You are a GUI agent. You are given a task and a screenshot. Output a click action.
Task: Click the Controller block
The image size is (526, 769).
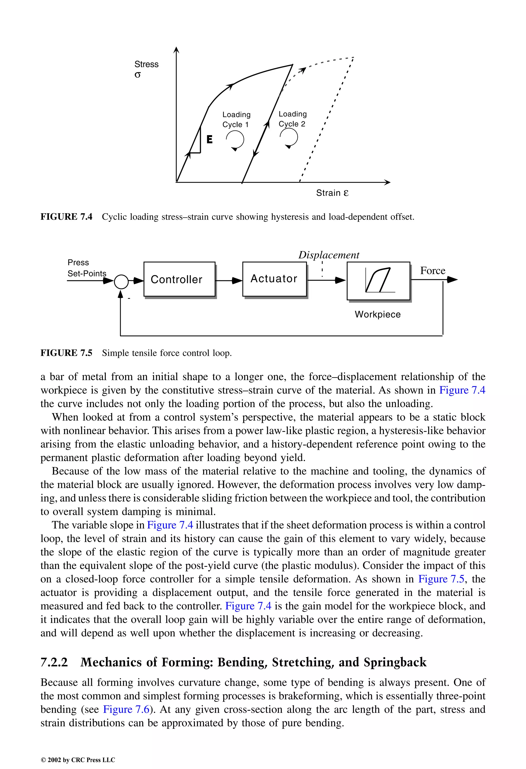179,279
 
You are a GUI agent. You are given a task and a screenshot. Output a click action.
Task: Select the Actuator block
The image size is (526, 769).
274,279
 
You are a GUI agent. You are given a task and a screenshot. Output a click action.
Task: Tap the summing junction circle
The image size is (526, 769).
121,282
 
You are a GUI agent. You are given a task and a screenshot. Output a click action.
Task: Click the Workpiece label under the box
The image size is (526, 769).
378,314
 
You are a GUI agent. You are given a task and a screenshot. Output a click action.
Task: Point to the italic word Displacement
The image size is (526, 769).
328,255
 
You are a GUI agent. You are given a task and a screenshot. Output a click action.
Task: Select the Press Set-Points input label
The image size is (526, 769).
87,268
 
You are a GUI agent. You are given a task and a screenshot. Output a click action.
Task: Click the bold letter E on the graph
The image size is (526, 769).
209,139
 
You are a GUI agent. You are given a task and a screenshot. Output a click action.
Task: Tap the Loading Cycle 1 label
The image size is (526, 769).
236,119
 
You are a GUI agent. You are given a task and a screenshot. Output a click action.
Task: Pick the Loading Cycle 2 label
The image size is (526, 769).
293,119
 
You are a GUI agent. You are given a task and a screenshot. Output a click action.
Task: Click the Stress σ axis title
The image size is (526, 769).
146,69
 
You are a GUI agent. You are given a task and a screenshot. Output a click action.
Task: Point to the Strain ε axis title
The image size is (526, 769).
332,193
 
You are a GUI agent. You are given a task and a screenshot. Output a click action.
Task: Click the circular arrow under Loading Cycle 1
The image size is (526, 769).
235,140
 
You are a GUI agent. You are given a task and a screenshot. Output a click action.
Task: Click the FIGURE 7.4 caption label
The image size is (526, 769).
66,217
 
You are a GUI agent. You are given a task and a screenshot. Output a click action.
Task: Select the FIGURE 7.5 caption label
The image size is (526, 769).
66,353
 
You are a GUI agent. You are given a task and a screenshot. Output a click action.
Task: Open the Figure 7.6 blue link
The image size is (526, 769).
126,709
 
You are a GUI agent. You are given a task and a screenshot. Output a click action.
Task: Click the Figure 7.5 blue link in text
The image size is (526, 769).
441,579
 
